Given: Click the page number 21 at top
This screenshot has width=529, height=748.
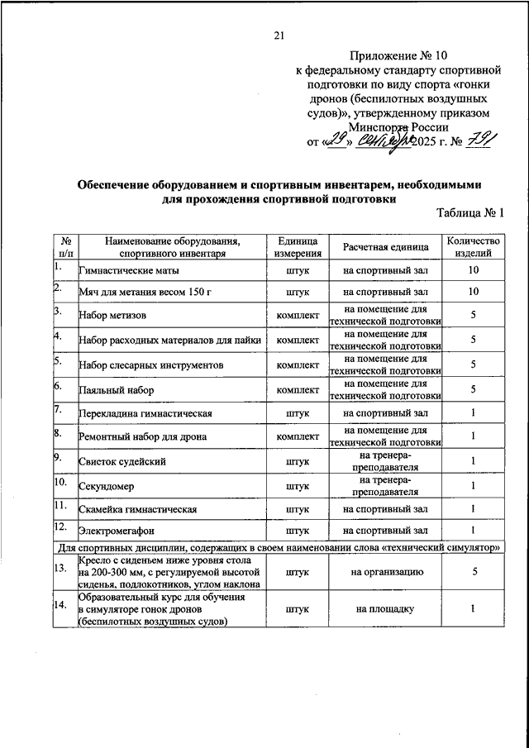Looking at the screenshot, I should pyautogui.click(x=278, y=35).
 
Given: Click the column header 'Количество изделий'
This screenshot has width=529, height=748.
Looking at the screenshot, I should pyautogui.click(x=474, y=247).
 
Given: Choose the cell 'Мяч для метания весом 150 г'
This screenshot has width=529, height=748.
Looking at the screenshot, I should pyautogui.click(x=146, y=293).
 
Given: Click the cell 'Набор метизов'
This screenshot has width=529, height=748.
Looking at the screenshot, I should pyautogui.click(x=112, y=316).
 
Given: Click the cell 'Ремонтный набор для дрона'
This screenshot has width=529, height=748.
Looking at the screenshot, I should pyautogui.click(x=142, y=436).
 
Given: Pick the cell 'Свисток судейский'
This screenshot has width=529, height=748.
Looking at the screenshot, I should pyautogui.click(x=120, y=460).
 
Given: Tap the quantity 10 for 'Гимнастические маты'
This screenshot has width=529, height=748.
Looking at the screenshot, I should pyautogui.click(x=474, y=270).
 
